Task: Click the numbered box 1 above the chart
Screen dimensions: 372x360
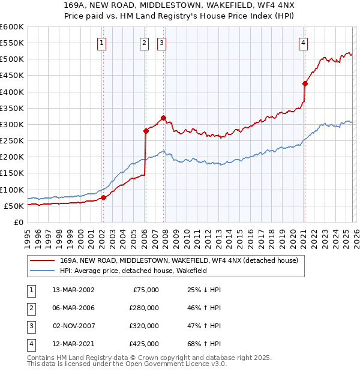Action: click(102, 43)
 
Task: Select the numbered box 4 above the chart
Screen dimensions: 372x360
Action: click(304, 43)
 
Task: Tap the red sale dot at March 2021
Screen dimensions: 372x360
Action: click(305, 83)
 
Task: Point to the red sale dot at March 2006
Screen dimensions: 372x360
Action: click(146, 130)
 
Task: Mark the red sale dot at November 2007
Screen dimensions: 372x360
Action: click(163, 118)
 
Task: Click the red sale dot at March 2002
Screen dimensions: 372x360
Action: click(103, 197)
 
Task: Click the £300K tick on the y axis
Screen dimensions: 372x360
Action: click(12, 124)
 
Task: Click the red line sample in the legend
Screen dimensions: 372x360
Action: click(43, 260)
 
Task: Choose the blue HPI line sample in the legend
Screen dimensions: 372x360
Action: click(43, 271)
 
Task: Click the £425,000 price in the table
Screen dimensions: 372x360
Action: click(143, 344)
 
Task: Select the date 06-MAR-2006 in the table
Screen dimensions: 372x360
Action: click(73, 308)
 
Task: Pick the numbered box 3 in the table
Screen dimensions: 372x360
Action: click(30, 326)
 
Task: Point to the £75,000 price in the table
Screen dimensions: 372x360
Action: click(146, 290)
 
